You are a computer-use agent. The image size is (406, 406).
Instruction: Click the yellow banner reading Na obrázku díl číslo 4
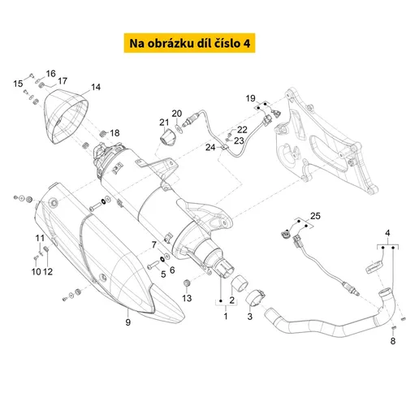tap(189, 43)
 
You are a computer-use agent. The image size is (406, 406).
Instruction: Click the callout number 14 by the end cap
tap(96, 87)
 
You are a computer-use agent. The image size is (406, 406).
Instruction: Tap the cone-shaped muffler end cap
tap(66, 116)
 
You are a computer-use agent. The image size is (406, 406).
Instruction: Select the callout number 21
tap(164, 123)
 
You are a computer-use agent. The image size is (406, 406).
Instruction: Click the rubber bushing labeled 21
tap(166, 137)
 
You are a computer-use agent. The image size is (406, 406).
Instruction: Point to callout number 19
tap(250, 98)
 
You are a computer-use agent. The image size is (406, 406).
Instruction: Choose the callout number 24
tap(210, 147)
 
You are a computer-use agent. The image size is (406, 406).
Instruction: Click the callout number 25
tap(315, 216)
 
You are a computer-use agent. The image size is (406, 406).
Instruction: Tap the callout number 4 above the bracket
tap(387, 233)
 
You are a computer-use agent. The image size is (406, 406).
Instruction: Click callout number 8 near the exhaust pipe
tap(393, 341)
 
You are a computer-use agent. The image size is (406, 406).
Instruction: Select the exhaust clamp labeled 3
tap(255, 298)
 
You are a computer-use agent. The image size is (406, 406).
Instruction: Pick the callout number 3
tap(250, 316)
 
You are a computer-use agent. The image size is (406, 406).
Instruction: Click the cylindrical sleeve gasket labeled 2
tap(239, 283)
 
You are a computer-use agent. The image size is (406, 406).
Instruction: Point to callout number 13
tap(187, 298)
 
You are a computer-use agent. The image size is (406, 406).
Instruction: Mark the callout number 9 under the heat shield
tap(128, 322)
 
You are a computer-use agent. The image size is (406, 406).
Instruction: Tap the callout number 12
tap(48, 271)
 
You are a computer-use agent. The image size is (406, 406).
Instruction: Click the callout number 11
tap(40, 238)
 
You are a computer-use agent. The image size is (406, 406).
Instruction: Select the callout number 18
tap(114, 133)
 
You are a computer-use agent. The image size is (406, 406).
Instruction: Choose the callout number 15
tap(18, 84)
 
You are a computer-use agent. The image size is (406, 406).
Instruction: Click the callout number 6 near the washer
tap(172, 270)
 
